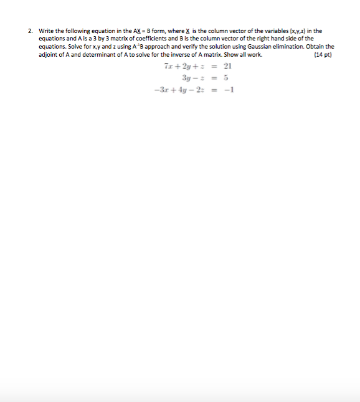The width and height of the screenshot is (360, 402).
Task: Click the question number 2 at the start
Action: coord(29,30)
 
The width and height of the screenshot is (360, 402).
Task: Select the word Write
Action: coord(47,30)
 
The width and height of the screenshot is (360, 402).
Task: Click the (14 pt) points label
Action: coord(323,55)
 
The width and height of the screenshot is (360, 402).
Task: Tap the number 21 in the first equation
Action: coord(227,66)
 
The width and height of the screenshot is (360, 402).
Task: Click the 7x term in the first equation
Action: coord(168,66)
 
